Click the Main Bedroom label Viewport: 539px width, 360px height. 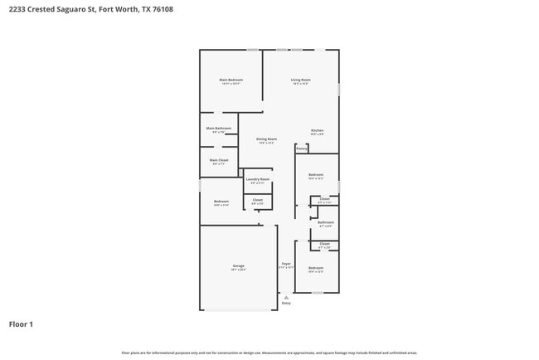(x=231, y=80)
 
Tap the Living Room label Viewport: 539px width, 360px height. (x=300, y=80)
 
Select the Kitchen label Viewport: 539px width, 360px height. (x=317, y=130)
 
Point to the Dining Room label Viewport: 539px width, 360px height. (x=266, y=139)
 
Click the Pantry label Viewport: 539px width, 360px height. (x=301, y=148)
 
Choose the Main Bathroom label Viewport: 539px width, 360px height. (x=219, y=129)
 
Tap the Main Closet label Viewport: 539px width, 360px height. (x=219, y=160)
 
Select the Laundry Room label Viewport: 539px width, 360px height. (x=258, y=179)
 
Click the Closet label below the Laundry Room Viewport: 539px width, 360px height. (x=257, y=199)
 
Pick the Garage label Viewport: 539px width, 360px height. (x=238, y=266)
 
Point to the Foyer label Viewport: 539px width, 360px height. (x=285, y=264)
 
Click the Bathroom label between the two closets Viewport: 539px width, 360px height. (x=326, y=221)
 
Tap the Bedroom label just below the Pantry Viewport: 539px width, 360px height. (x=316, y=174)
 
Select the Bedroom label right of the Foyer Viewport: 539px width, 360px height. (x=316, y=268)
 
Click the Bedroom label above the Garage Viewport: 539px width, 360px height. (x=221, y=202)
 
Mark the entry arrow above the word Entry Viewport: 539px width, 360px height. (x=286, y=297)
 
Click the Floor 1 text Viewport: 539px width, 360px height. (x=21, y=324)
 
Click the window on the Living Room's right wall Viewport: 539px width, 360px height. (x=339, y=88)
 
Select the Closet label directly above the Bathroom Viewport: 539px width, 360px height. (x=325, y=199)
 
